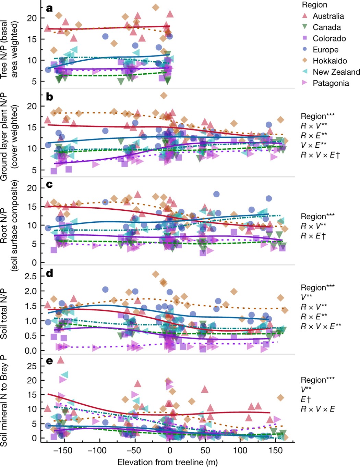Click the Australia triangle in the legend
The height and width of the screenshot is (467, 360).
point(304,16)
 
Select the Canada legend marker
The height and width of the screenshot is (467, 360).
point(304,27)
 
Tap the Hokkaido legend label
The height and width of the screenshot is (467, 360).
point(329,61)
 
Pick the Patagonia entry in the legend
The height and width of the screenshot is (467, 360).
point(331,83)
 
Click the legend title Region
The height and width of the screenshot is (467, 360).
point(314,5)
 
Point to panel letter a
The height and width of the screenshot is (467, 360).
point(49,8)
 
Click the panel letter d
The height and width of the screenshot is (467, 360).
point(49,273)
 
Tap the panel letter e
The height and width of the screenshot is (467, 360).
point(49,361)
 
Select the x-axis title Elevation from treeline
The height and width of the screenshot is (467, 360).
point(167,462)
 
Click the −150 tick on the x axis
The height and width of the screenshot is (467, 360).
point(62,450)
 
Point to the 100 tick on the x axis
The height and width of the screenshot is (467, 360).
point(240,450)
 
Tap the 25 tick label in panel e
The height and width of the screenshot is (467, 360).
point(32,366)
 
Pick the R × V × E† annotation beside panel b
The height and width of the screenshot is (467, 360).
point(320,155)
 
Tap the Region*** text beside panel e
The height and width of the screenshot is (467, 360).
point(317,380)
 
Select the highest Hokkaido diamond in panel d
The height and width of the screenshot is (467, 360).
point(156,274)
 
